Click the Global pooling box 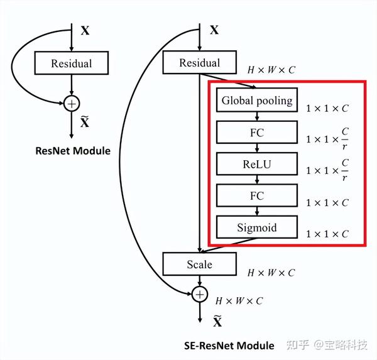256,101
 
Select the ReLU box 256,164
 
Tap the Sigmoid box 256,227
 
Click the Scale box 200,265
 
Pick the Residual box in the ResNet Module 72,63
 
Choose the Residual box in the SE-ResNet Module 200,63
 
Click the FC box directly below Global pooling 256,133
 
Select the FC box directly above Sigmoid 256,196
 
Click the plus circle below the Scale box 200,293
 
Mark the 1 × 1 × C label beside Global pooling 327,108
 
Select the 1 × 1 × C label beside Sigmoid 327,234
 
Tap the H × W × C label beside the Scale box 271,273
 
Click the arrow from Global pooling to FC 256,117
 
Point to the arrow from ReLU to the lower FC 256,180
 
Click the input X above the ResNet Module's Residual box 85,30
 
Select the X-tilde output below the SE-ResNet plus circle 217,321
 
